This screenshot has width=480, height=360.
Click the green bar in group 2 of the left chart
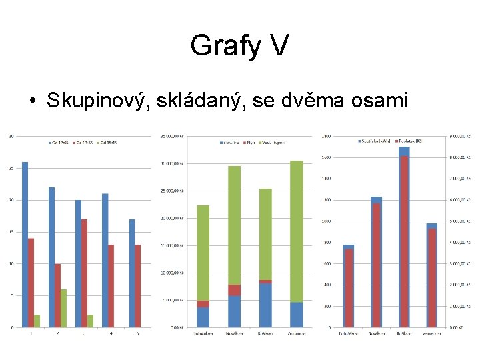pos(63,308)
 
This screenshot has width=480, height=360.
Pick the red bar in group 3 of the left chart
pos(84,273)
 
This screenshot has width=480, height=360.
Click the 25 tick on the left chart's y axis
pos(11,168)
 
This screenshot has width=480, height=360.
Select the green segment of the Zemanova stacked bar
pos(297,231)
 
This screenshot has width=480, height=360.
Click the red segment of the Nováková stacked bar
pos(234,290)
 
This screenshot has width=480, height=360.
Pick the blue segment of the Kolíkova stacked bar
pos(265,305)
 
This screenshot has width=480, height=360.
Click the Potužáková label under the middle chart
pos(203,333)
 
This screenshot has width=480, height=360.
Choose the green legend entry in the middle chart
pos(273,142)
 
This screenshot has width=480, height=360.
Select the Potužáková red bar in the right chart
pos(349,288)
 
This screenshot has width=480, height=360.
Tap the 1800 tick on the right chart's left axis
pos(327,136)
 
